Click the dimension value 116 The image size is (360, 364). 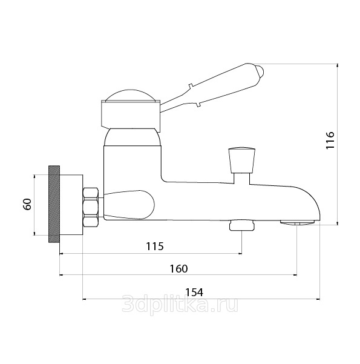coord(330,141)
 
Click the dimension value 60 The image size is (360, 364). coord(27,204)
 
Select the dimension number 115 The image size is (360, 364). coord(155,246)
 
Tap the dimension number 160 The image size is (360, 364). coord(179,268)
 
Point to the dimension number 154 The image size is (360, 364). coord(194,293)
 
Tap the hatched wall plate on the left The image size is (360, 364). coord(54,204)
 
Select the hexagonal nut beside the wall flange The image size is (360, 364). coord(91,207)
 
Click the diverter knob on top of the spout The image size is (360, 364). coord(241,160)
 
